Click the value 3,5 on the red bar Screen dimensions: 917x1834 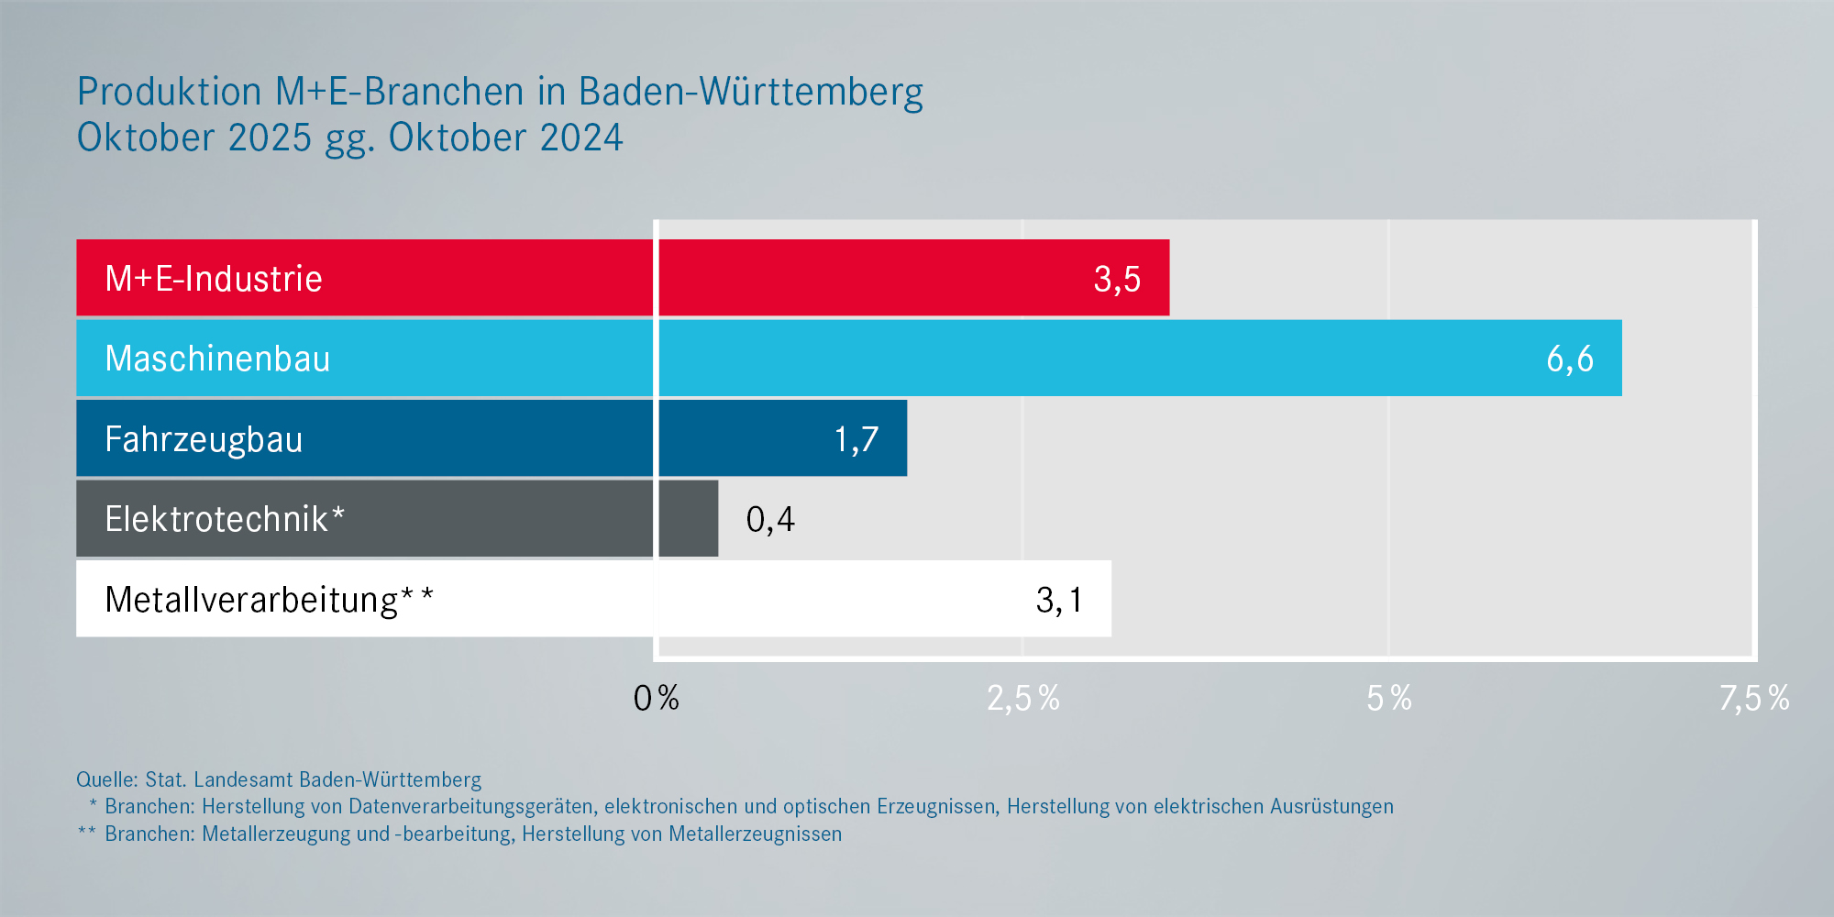point(1117,279)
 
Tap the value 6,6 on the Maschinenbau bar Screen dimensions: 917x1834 point(1570,359)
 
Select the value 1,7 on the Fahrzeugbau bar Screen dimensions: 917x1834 point(856,439)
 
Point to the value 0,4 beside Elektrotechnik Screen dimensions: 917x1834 point(770,519)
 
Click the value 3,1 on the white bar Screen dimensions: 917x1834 point(1059,600)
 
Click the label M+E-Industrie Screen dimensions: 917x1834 point(214,279)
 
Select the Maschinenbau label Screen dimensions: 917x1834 point(217,359)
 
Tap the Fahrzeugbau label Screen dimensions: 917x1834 point(204,439)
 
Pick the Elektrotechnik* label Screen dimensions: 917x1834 point(225,519)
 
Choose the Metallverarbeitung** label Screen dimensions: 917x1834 point(269,600)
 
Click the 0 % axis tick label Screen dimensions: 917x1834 point(657,699)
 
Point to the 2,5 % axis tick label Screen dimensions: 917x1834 point(1023,699)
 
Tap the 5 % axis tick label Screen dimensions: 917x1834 point(1389,699)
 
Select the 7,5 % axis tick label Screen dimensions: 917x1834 point(1754,699)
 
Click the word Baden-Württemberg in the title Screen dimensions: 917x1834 point(750,92)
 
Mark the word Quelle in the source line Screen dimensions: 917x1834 point(105,779)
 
